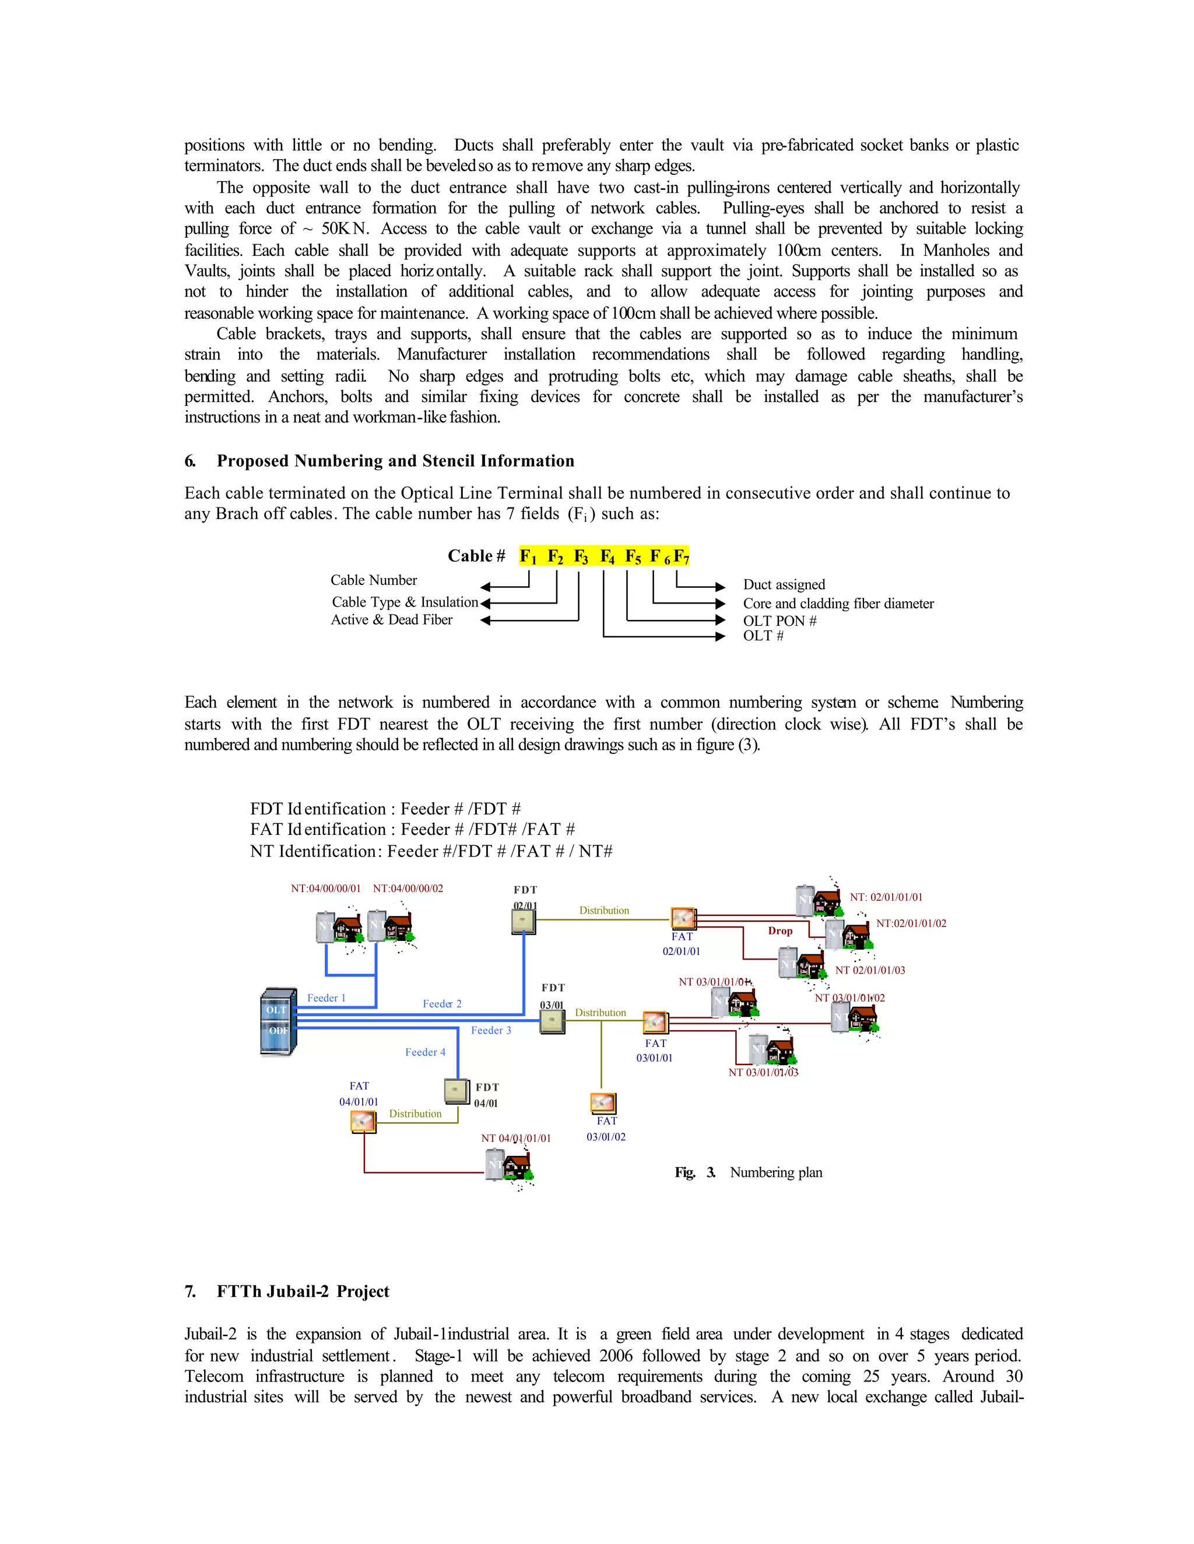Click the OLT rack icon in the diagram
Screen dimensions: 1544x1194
tap(279, 1021)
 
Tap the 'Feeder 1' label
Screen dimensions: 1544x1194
tap(326, 997)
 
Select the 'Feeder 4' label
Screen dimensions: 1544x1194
tap(425, 1052)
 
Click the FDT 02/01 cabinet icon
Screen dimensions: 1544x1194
tap(524, 922)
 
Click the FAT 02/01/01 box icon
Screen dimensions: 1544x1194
tap(683, 918)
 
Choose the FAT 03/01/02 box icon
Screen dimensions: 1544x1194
tap(603, 1103)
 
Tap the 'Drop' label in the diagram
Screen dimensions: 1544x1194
tap(780, 930)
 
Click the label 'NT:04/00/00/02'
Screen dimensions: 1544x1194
tap(408, 888)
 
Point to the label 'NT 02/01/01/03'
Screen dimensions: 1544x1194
tap(870, 970)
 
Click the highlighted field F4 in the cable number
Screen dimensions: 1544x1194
tap(607, 556)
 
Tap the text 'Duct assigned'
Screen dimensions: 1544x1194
tap(784, 584)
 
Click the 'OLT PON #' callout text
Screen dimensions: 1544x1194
tap(779, 621)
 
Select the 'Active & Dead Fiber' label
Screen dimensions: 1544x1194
tap(392, 619)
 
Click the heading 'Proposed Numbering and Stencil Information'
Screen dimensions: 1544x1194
tap(395, 461)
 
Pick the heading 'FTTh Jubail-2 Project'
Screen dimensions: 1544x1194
tap(303, 1291)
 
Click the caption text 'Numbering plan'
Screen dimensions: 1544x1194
tap(776, 1172)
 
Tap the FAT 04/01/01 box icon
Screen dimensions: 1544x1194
tap(363, 1121)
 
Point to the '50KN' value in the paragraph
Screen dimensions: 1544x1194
tap(345, 228)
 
